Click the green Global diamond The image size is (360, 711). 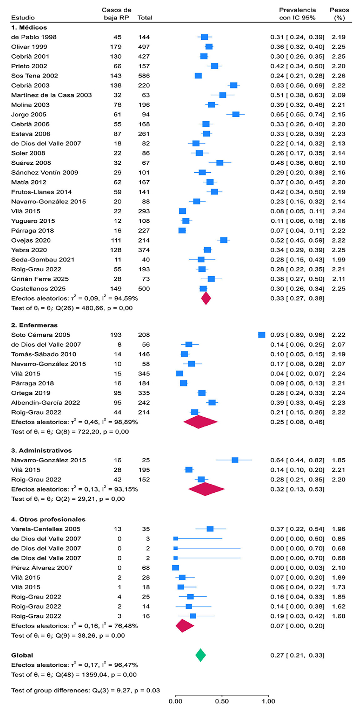pyautogui.click(x=201, y=655)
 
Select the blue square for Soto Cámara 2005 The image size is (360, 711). pyautogui.click(x=262, y=335)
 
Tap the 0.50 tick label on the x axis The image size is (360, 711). pyautogui.click(x=222, y=701)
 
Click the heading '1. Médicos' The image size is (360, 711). pyautogui.click(x=29, y=27)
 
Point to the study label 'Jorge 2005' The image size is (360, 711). pyautogui.click(x=29, y=114)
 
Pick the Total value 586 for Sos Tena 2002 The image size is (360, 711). pyautogui.click(x=144, y=76)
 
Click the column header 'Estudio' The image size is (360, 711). pyautogui.click(x=23, y=18)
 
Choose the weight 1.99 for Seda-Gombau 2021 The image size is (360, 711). pyautogui.click(x=339, y=259)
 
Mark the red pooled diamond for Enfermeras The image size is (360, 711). pyautogui.click(x=201, y=422)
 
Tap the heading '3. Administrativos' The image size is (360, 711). pyautogui.click(x=41, y=450)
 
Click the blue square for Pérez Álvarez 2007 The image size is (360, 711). pyautogui.click(x=176, y=568)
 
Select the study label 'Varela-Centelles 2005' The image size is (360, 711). pyautogui.click(x=46, y=529)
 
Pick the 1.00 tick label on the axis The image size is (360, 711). pyautogui.click(x=268, y=701)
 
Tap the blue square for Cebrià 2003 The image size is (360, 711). pyautogui.click(x=234, y=85)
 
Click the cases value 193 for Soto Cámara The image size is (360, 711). pyautogui.click(x=116, y=335)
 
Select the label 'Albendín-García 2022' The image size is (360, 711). pyautogui.click(x=46, y=403)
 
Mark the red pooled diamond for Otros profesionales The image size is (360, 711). pyautogui.click(x=185, y=626)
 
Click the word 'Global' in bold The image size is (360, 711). pyautogui.click(x=22, y=655)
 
